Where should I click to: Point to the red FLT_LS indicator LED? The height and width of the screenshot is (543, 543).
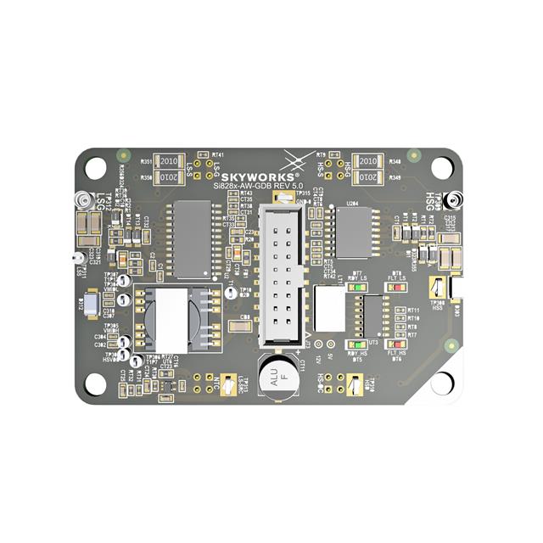point(395,288)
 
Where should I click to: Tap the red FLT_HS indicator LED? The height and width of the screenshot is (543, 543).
point(395,344)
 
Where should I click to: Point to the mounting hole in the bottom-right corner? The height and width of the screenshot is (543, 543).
point(442,383)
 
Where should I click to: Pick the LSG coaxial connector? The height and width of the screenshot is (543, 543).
point(81,200)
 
